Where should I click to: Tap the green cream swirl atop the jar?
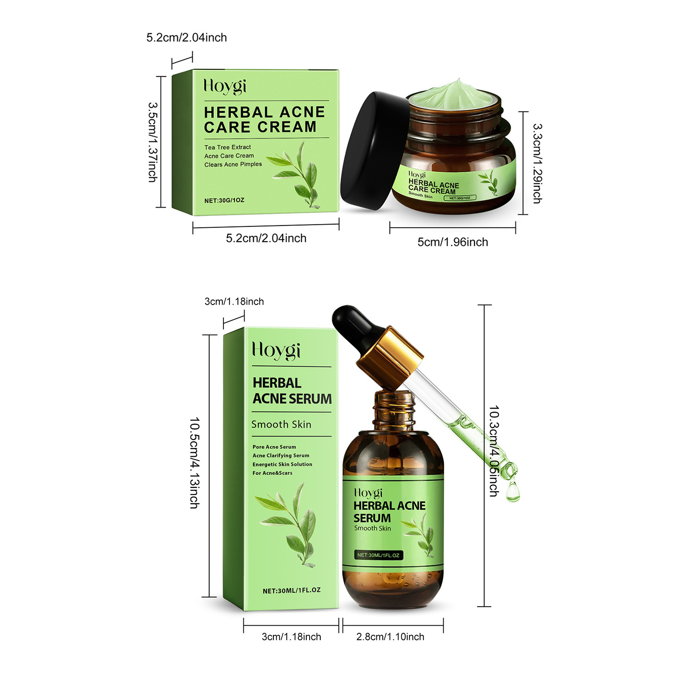(x=454, y=93)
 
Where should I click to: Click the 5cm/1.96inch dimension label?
(x=452, y=242)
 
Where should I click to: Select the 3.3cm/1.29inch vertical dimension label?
(x=537, y=163)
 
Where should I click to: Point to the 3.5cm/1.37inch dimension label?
(x=153, y=142)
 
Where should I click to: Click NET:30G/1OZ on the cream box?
(x=224, y=200)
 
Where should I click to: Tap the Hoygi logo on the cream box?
(x=225, y=86)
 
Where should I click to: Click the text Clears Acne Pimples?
(x=233, y=164)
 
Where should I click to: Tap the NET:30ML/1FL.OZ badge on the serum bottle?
(x=378, y=555)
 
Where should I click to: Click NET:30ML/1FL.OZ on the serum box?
(x=292, y=590)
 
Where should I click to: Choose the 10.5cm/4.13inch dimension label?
(x=194, y=463)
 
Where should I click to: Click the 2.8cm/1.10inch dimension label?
(x=390, y=637)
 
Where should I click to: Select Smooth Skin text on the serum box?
(x=281, y=424)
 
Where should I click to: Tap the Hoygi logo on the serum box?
(x=276, y=351)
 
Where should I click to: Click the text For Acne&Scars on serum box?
(x=272, y=473)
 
